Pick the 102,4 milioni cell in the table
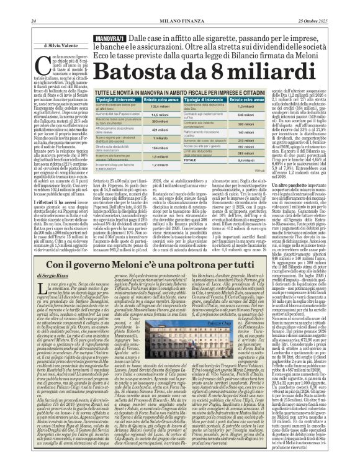[x=160, y=107]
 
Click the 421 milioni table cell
[x=160, y=130]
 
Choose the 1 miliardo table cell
[x=160, y=138]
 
